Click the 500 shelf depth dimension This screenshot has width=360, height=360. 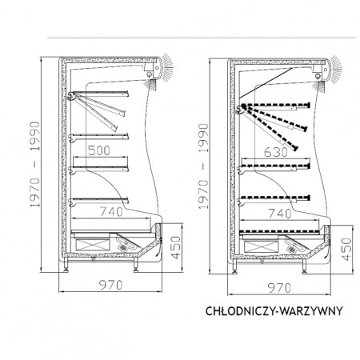[98, 150]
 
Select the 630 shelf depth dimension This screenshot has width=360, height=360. [276, 152]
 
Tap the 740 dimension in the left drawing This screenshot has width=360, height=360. [111, 212]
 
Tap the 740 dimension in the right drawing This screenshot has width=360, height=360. [280, 214]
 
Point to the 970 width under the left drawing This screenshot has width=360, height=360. [111, 285]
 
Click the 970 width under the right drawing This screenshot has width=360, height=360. [279, 288]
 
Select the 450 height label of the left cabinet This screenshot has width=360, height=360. [176, 247]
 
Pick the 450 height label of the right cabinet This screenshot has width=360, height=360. [346, 250]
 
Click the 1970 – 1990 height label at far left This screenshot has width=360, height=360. [34, 164]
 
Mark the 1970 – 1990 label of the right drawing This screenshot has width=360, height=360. [203, 166]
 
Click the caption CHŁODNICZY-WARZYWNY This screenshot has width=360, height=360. [274, 311]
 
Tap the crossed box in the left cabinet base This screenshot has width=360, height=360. [93, 245]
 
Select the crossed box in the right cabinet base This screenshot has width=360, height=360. [261, 246]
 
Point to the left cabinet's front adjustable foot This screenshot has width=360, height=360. [136, 265]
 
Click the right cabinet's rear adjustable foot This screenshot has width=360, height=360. [235, 266]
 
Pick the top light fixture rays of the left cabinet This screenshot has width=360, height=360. [167, 66]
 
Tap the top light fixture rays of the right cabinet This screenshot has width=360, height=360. [336, 69]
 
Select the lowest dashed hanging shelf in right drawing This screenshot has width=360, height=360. [275, 198]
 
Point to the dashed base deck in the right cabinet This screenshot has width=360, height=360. [279, 231]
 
